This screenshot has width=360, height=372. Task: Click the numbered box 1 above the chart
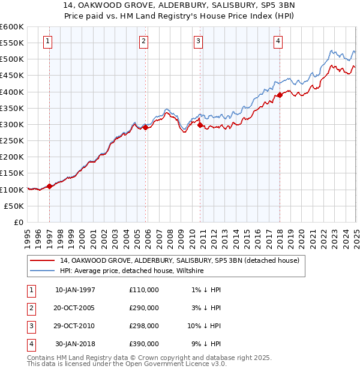(x=47, y=41)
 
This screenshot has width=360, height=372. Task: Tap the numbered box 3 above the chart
(x=198, y=41)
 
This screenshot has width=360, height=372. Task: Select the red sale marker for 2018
(x=280, y=95)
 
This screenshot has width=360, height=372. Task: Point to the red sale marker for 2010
(x=200, y=125)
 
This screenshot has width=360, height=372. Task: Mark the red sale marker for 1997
(x=49, y=186)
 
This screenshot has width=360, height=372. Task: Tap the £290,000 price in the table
(x=144, y=308)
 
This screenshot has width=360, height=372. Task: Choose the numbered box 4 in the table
(x=30, y=344)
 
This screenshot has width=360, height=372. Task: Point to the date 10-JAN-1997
(x=75, y=290)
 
